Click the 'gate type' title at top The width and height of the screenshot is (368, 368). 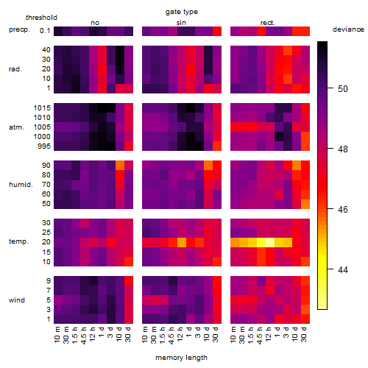pyautogui.click(x=182, y=12)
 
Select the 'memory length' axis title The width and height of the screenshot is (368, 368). pyautogui.click(x=181, y=358)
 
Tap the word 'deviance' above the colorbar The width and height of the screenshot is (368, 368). pyautogui.click(x=348, y=29)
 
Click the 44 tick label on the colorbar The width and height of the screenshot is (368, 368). pyautogui.click(x=343, y=270)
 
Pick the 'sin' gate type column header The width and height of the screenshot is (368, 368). pyautogui.click(x=181, y=23)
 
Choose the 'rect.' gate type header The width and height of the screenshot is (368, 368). pyautogui.click(x=268, y=23)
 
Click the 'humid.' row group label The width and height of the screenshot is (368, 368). pyautogui.click(x=21, y=185)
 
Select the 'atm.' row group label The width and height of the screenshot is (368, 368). pyautogui.click(x=16, y=127)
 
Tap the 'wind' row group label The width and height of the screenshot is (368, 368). pyautogui.click(x=17, y=300)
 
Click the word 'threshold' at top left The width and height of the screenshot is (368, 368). pyautogui.click(x=41, y=18)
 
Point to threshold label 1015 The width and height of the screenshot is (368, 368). pyautogui.click(x=42, y=107)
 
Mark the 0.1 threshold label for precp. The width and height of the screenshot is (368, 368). pyautogui.click(x=45, y=31)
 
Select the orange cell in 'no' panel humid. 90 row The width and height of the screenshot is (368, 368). pyautogui.click(x=120, y=166)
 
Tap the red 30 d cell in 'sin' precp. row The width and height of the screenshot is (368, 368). pyautogui.click(x=217, y=31)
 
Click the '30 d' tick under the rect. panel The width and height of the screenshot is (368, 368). pyautogui.click(x=304, y=334)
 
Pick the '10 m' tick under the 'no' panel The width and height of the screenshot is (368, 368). pyautogui.click(x=57, y=334)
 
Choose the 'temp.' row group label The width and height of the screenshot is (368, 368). pyautogui.click(x=18, y=241)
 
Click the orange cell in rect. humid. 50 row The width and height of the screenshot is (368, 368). pyautogui.click(x=305, y=204)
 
